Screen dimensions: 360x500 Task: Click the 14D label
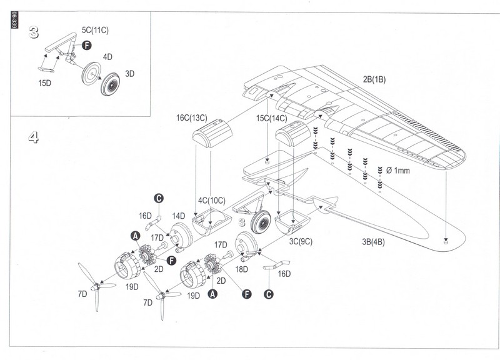179,216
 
